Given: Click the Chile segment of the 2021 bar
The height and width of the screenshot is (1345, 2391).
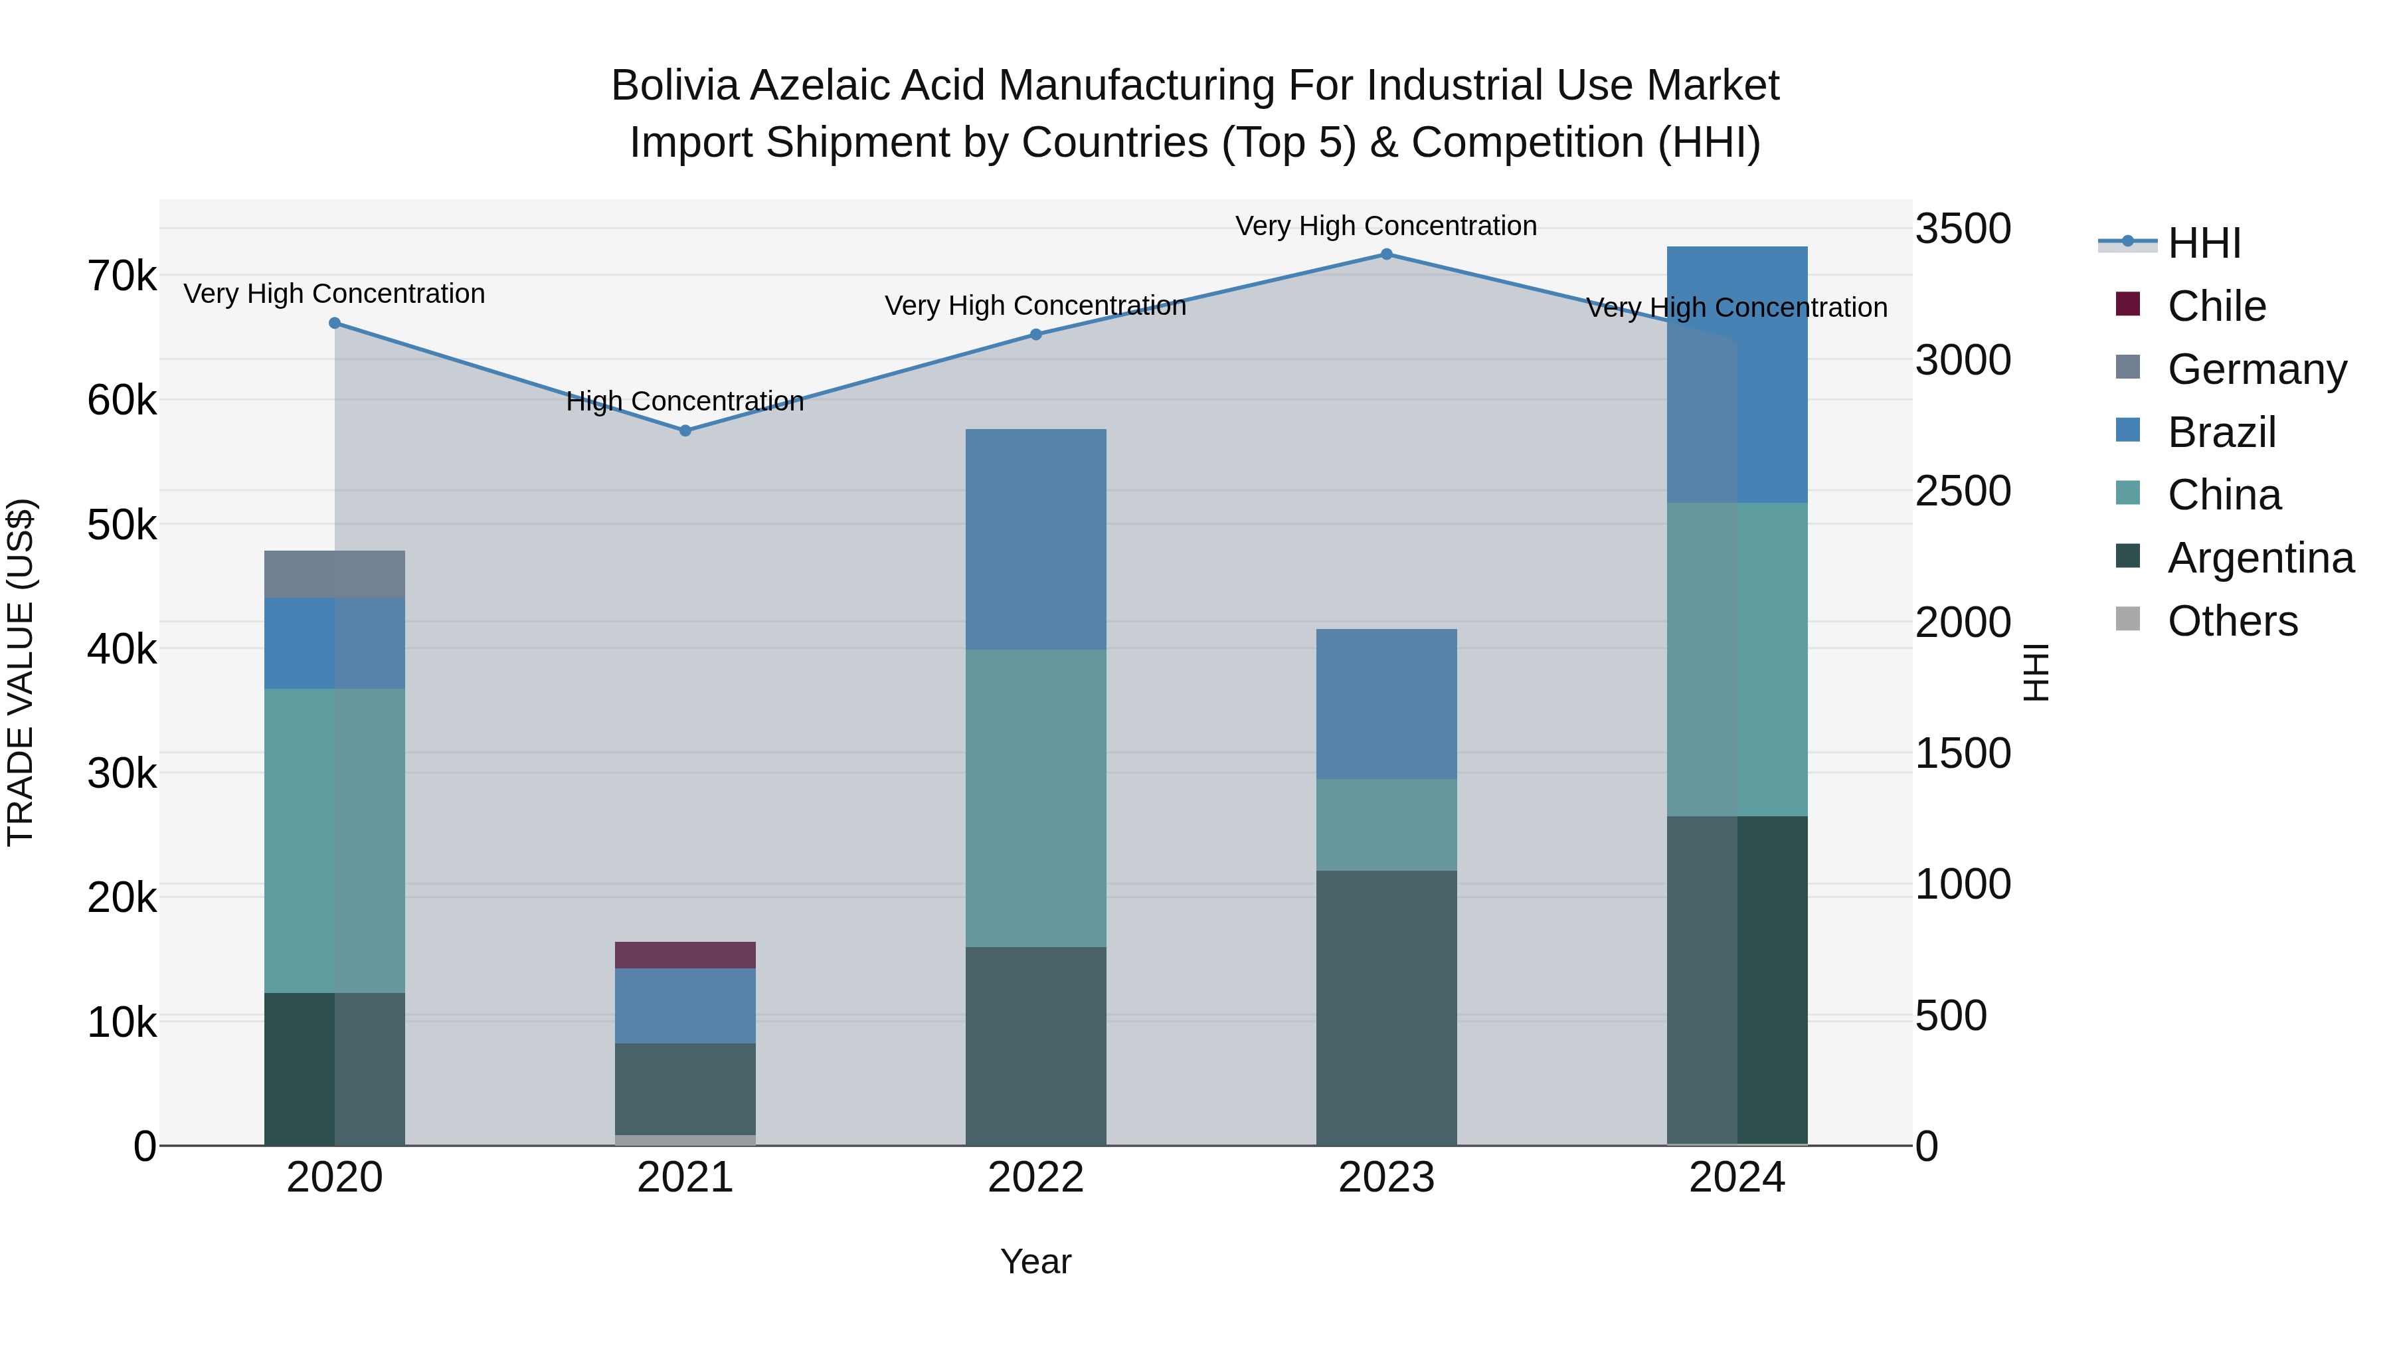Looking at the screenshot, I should pyautogui.click(x=685, y=954).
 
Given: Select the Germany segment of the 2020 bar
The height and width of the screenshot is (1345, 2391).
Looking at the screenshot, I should pyautogui.click(x=334, y=574).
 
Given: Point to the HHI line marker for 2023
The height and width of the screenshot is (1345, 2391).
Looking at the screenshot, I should pyautogui.click(x=1385, y=254).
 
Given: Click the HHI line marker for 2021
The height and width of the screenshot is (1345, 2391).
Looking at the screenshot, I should pyautogui.click(x=685, y=430).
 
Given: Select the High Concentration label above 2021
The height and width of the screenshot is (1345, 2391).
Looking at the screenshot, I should pyautogui.click(x=685, y=401).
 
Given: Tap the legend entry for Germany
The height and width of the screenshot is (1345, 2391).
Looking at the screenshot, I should pyautogui.click(x=2256, y=369).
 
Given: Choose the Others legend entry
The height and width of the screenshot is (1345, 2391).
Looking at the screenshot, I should pyautogui.click(x=2232, y=620).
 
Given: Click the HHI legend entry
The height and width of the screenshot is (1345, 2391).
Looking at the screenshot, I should pyautogui.click(x=2204, y=243).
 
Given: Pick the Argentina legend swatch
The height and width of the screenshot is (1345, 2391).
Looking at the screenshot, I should pyautogui.click(x=2127, y=556).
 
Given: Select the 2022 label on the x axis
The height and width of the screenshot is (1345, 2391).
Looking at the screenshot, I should pyautogui.click(x=1036, y=1177).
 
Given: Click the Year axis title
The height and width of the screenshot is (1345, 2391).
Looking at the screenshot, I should pyautogui.click(x=1036, y=1261).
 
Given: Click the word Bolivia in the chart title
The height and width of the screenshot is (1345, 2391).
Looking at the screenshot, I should pyautogui.click(x=674, y=86).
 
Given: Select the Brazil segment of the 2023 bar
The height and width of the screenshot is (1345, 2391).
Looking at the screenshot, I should pyautogui.click(x=1385, y=703).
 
